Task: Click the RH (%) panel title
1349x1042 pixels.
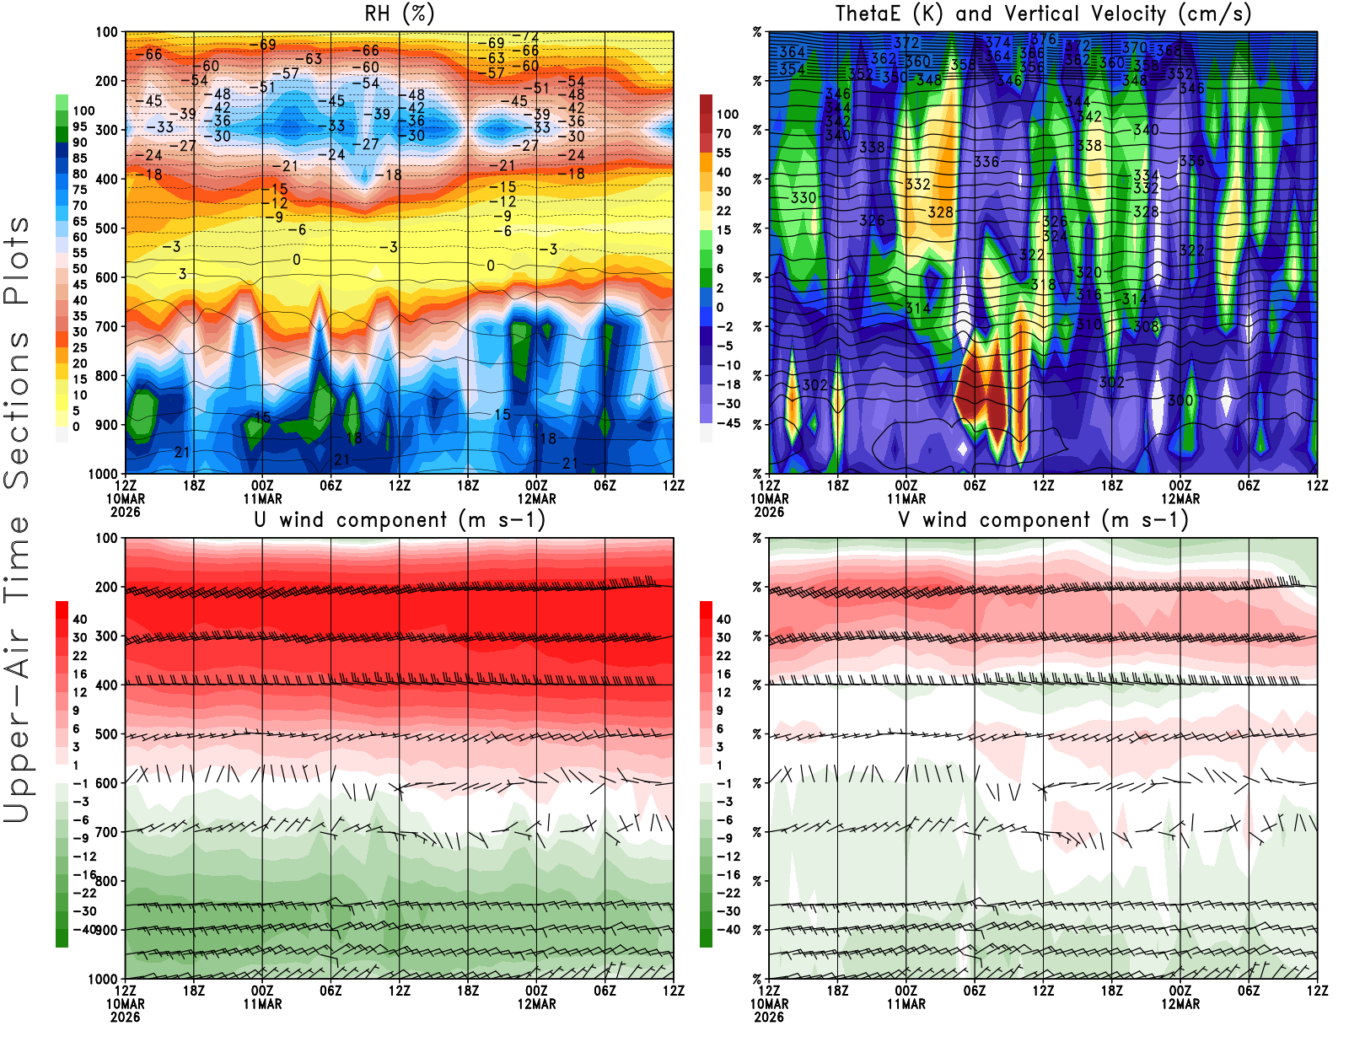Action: (x=399, y=14)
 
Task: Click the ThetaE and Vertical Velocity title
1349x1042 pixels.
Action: (x=1043, y=14)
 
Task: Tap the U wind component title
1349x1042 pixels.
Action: (x=399, y=520)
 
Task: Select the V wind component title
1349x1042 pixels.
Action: (x=1043, y=520)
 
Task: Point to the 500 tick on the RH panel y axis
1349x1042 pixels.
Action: (x=107, y=228)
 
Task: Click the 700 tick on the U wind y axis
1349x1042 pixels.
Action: (x=107, y=832)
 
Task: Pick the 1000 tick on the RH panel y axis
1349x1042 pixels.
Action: (x=104, y=474)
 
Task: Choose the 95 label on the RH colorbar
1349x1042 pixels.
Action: (x=80, y=126)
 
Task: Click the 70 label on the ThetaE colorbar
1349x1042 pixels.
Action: (x=723, y=133)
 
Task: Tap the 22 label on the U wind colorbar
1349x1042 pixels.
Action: (x=80, y=656)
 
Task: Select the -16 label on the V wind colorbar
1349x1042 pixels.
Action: (x=728, y=875)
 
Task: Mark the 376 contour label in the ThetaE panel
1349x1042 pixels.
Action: (x=1044, y=39)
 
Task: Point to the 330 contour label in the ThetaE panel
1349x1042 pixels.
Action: (x=803, y=197)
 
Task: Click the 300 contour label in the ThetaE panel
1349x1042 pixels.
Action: (x=1180, y=400)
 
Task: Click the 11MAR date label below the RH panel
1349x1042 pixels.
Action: (x=262, y=498)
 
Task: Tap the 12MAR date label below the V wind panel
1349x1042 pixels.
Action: (x=1180, y=1004)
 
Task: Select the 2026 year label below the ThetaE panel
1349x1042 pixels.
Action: (x=769, y=512)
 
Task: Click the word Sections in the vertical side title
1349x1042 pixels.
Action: (x=17, y=409)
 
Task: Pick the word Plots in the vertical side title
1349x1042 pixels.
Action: (x=17, y=261)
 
